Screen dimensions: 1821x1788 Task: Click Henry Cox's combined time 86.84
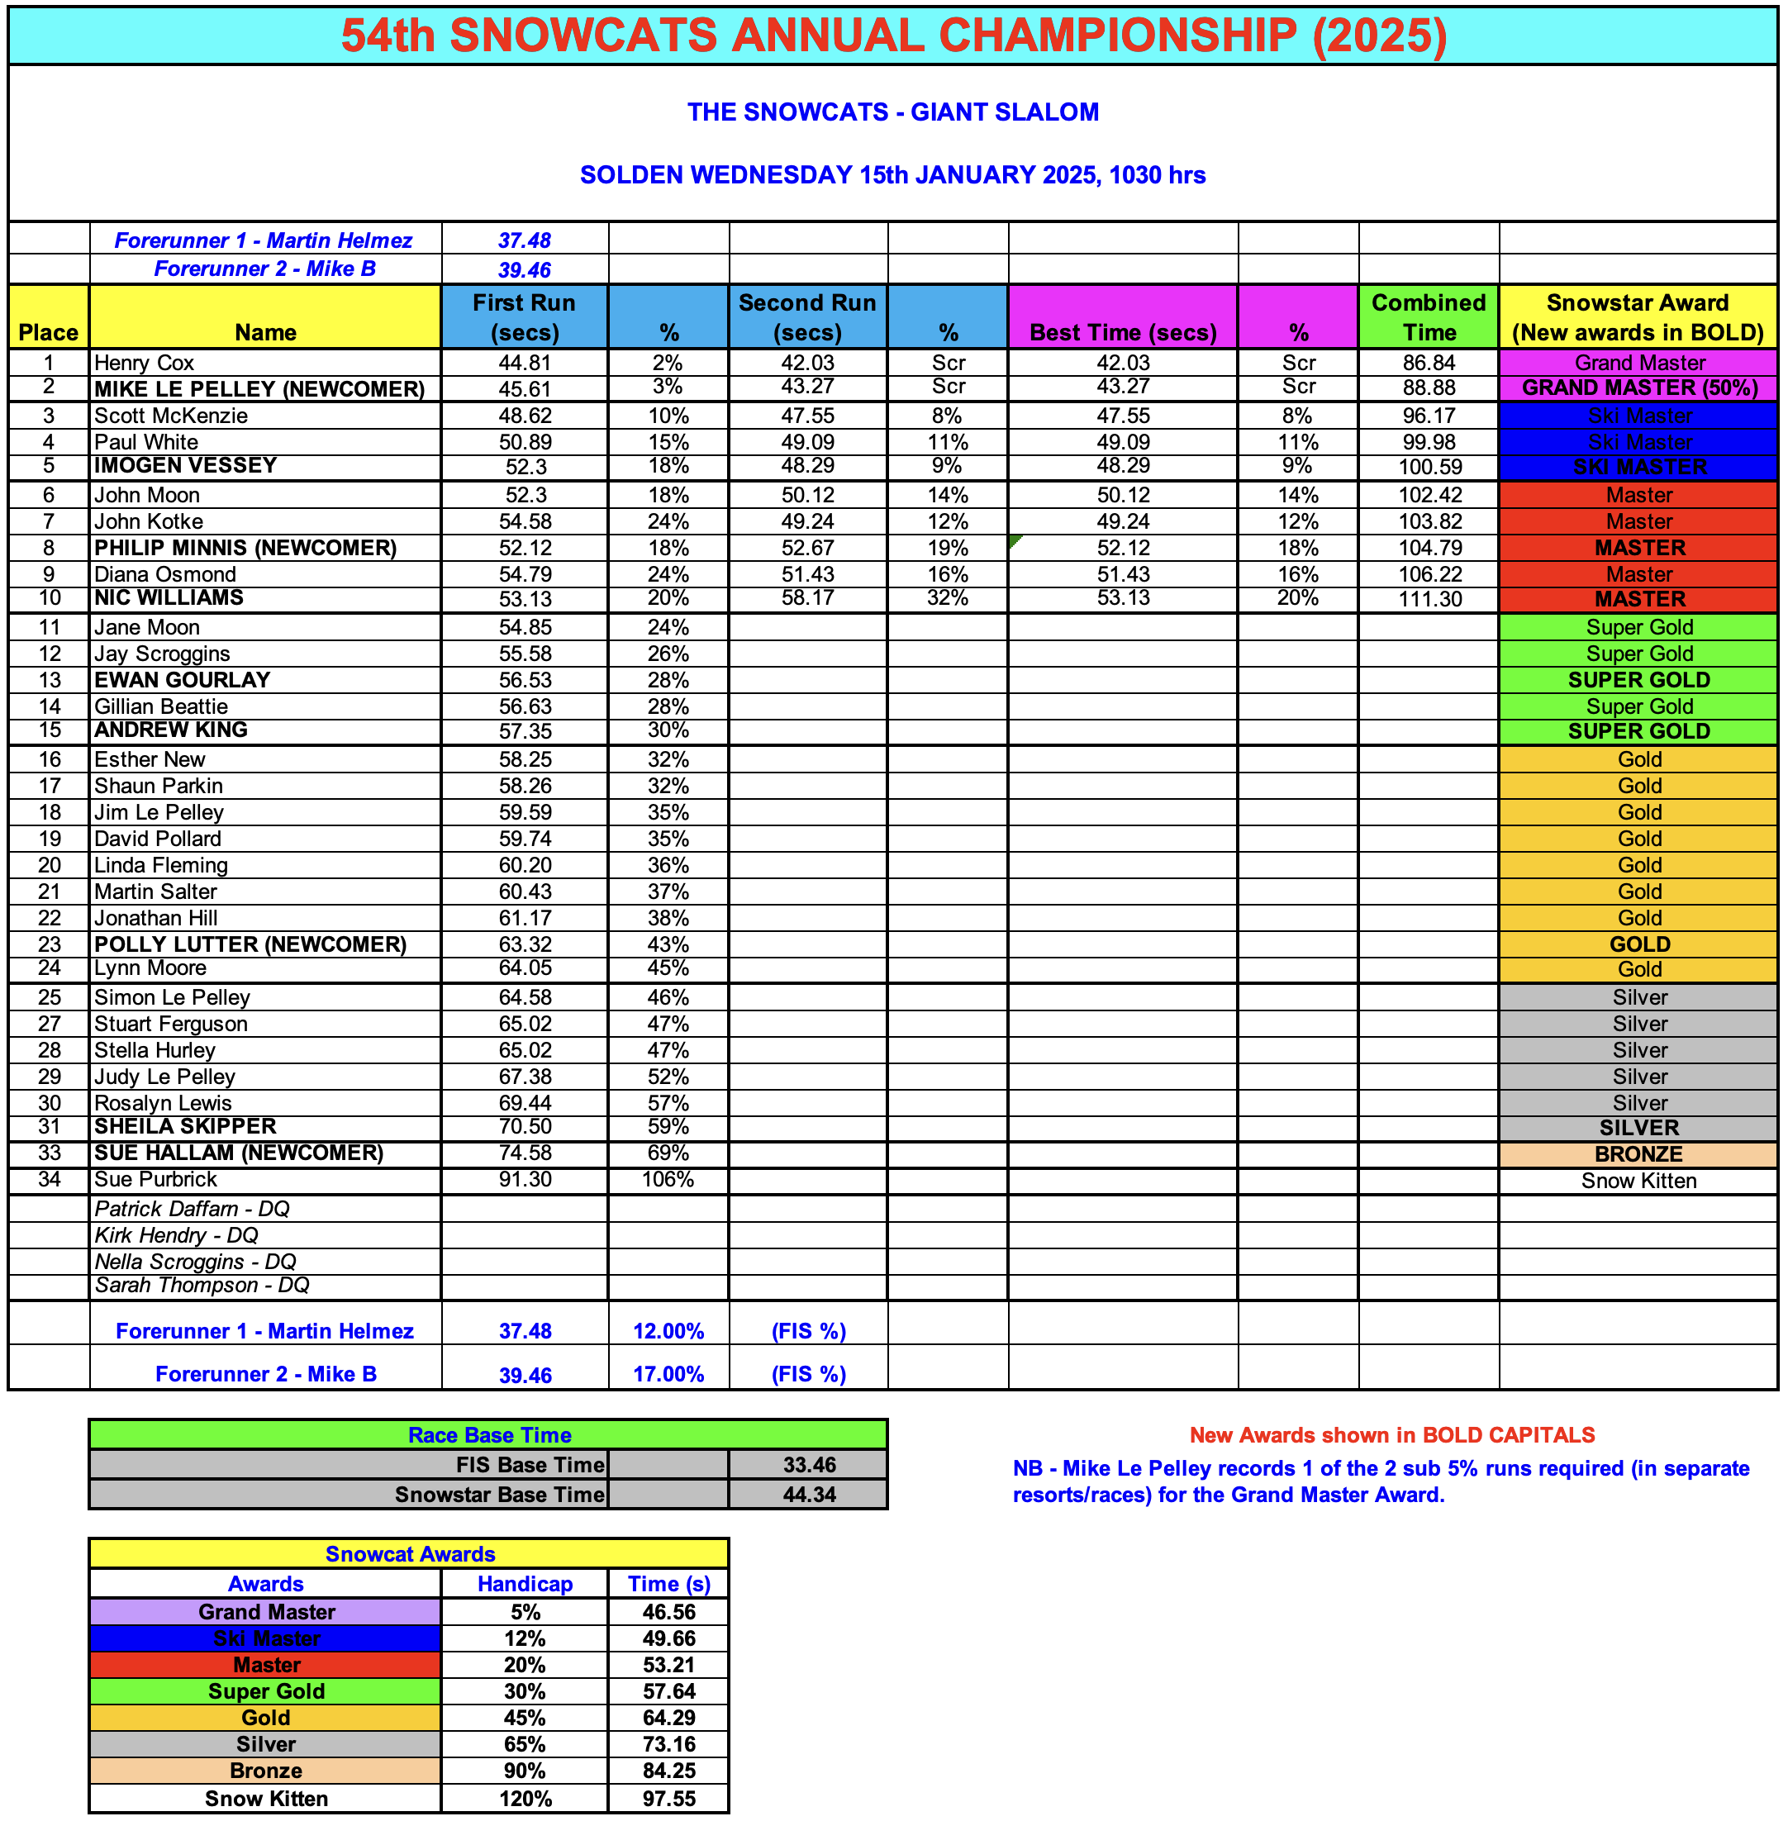pyautogui.click(x=1429, y=363)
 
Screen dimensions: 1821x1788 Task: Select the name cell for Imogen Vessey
pyautogui.click(x=186, y=466)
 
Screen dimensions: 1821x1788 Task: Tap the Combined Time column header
pyautogui.click(x=1429, y=316)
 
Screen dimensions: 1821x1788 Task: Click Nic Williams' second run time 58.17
pyautogui.click(x=806, y=598)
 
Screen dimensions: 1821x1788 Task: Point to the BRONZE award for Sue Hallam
pyautogui.click(x=1638, y=1154)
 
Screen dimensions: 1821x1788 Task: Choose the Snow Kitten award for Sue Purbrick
pyautogui.click(x=1638, y=1181)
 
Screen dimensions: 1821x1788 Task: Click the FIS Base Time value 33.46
pyautogui.click(x=809, y=1464)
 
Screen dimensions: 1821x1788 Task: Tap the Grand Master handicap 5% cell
pyautogui.click(x=525, y=1612)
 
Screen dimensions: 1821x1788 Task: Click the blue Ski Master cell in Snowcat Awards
pyautogui.click(x=266, y=1638)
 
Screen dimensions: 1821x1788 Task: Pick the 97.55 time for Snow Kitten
pyautogui.click(x=668, y=1799)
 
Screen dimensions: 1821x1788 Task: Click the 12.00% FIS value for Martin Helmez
pyautogui.click(x=668, y=1331)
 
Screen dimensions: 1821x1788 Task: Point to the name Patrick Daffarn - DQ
pyautogui.click(x=192, y=1209)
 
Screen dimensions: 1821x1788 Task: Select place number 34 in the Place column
pyautogui.click(x=49, y=1180)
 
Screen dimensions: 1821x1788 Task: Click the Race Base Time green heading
pyautogui.click(x=488, y=1434)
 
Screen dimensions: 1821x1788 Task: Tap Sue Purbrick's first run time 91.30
pyautogui.click(x=525, y=1180)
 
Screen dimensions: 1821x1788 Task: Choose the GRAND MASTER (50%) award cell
pyautogui.click(x=1638, y=387)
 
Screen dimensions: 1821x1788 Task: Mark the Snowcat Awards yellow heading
pyautogui.click(x=410, y=1553)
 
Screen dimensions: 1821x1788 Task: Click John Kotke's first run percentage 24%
pyautogui.click(x=668, y=521)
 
